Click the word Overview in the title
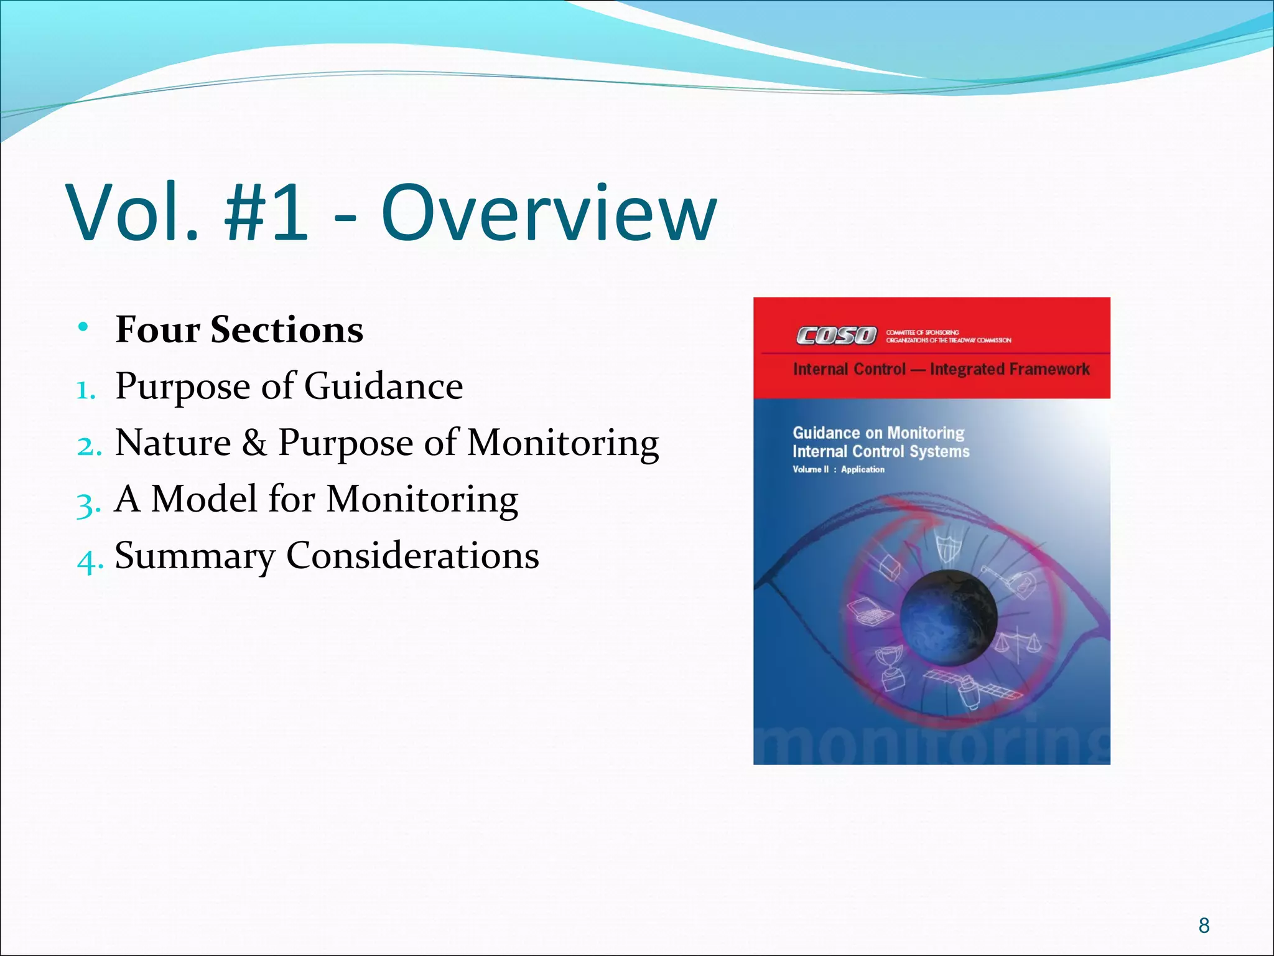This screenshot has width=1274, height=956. (549, 213)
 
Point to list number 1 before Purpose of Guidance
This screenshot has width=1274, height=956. (85, 390)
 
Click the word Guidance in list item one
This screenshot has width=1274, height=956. (383, 386)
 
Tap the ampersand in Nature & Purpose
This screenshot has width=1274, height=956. (254, 443)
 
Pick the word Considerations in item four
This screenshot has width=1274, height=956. (412, 555)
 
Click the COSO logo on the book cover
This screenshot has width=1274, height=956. (836, 336)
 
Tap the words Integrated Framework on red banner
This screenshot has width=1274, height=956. (1009, 369)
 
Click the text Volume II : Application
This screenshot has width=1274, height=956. (838, 469)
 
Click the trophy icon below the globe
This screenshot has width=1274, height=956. (890, 669)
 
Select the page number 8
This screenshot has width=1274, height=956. (1204, 926)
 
